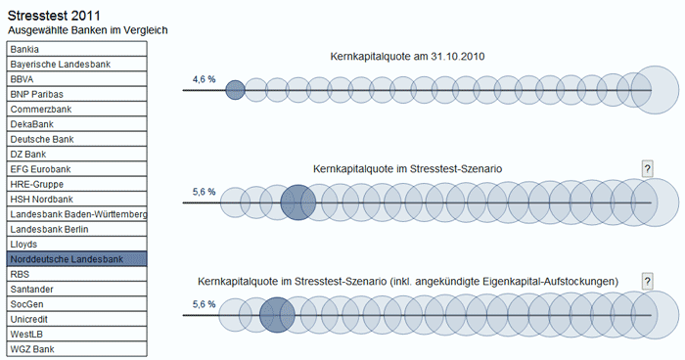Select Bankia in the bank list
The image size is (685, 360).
coord(76,49)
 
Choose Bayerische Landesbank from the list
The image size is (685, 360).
coord(76,65)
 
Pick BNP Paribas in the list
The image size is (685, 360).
coord(76,94)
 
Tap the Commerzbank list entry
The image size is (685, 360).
coord(76,110)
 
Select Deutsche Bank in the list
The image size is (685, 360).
coord(76,140)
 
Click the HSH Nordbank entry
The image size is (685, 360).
coord(76,200)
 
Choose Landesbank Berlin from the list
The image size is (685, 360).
coord(76,229)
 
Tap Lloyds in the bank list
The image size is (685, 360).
coord(76,244)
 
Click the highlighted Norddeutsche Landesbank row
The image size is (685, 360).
coord(76,259)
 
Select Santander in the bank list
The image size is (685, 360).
coord(76,290)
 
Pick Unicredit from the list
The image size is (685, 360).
coord(76,319)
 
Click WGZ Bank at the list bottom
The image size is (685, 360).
coord(76,349)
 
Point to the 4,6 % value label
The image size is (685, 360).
coord(204,78)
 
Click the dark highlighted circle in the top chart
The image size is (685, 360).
coord(235,91)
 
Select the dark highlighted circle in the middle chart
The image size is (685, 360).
coord(297,202)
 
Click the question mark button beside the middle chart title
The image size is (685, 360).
coord(647,168)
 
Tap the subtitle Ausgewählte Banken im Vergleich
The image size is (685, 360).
coord(87,30)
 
